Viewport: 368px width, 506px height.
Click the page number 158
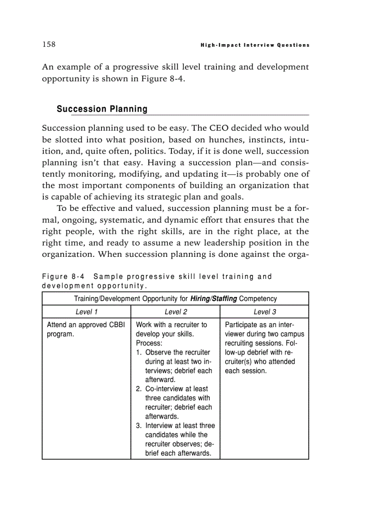tap(49, 44)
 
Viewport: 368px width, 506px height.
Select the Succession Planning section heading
tap(102, 109)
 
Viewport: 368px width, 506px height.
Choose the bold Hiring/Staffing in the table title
tap(214, 299)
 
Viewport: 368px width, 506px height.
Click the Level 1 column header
tap(86, 312)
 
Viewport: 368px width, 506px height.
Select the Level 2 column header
tap(175, 312)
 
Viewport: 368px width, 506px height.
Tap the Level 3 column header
tap(265, 312)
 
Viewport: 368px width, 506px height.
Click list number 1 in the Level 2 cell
tap(138, 352)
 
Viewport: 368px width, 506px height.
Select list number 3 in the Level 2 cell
tap(138, 426)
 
